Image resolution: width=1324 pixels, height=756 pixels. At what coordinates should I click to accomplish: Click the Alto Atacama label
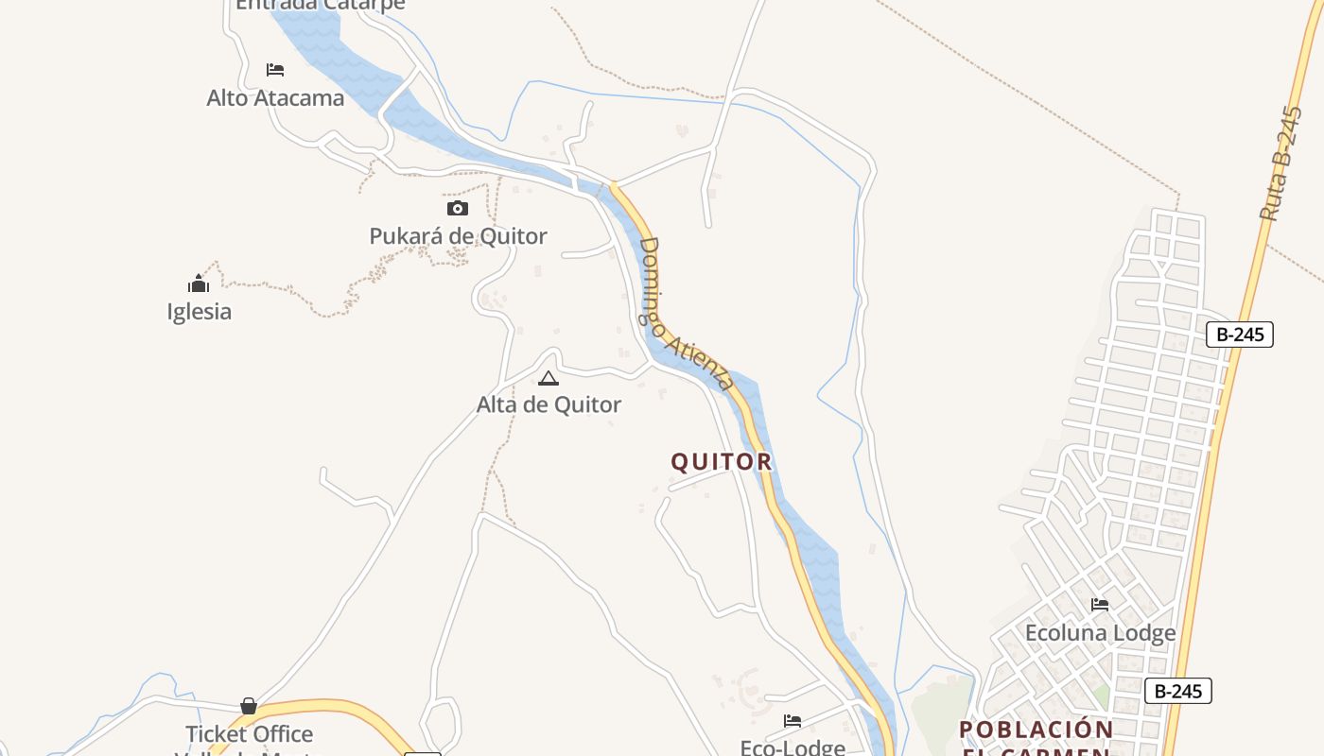coord(275,97)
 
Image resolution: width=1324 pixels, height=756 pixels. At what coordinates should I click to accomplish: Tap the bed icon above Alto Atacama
coord(275,70)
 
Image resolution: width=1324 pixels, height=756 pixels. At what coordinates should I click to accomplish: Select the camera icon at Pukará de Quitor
coord(458,208)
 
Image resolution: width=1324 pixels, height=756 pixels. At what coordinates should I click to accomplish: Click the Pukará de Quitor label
coord(458,236)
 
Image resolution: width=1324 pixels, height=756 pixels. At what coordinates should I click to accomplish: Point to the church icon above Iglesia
coord(199,283)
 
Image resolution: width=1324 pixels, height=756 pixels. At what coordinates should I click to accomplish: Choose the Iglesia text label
coord(199,312)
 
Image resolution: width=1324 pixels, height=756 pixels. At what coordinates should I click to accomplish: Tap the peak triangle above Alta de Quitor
coord(549,379)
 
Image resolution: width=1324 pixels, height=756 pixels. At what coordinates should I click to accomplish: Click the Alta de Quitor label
coord(549,404)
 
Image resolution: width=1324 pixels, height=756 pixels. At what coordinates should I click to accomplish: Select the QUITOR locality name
coord(722,462)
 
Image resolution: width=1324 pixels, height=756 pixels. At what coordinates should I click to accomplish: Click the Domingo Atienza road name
coord(686,314)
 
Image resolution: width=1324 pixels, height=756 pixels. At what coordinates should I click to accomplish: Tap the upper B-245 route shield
coord(1240,334)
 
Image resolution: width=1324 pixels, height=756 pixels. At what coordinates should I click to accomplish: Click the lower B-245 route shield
coord(1178,691)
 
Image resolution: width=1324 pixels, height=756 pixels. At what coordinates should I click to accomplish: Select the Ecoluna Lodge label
coord(1101,632)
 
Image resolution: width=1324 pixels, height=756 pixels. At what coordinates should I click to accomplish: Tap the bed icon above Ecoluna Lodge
coord(1100,604)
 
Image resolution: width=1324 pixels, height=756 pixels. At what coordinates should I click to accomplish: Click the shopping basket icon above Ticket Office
coord(249,706)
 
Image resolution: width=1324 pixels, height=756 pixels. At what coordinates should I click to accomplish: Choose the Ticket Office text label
coord(249,733)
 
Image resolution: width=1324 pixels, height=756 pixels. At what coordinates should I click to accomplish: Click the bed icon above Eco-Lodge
coord(793,721)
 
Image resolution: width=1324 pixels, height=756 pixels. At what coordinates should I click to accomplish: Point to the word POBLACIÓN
coord(1037,730)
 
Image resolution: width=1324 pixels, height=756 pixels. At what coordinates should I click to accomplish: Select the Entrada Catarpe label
coord(320,5)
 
